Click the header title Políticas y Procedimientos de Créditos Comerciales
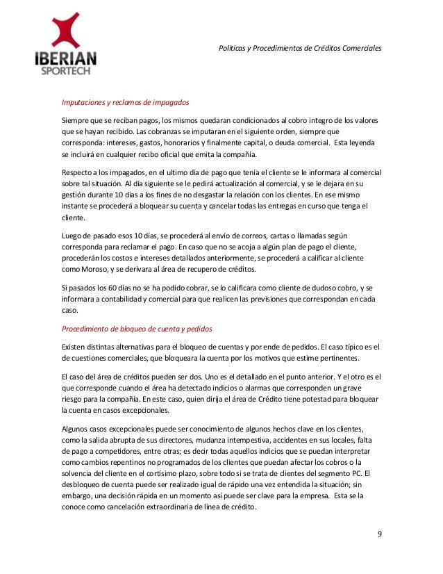coord(300,49)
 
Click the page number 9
coord(379,533)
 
